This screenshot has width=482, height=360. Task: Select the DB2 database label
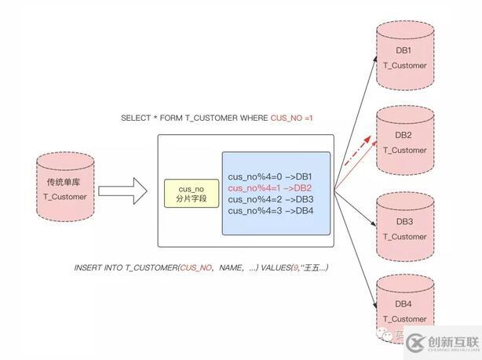[403, 134]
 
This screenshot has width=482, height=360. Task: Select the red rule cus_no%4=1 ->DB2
[270, 188]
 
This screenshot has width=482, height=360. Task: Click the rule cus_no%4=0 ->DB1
[270, 177]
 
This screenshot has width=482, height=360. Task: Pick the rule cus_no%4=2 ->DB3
[270, 199]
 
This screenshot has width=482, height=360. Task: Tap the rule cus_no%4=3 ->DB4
[270, 210]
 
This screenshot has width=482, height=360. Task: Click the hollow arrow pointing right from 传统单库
[123, 189]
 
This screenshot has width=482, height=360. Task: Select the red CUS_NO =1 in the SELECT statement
[293, 118]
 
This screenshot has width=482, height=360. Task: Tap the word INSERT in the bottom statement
[88, 267]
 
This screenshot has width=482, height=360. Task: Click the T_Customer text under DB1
[405, 65]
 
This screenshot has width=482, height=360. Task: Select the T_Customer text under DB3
[405, 236]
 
